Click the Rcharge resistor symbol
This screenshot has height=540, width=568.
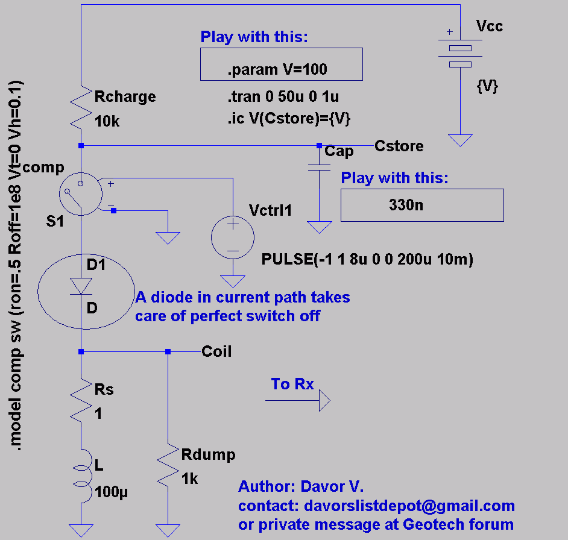(81, 107)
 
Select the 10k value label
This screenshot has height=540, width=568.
(107, 121)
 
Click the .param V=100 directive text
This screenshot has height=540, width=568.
(277, 69)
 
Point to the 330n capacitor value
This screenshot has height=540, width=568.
(406, 205)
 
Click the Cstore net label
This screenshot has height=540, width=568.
(399, 146)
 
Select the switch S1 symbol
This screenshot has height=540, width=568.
(81, 194)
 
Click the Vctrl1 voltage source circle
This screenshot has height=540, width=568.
(233, 237)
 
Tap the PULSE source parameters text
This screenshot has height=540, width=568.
(367, 259)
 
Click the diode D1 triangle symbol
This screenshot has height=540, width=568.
(81, 286)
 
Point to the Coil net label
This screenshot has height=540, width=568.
(216, 351)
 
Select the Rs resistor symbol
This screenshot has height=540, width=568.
(81, 400)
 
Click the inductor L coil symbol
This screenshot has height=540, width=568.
(83, 476)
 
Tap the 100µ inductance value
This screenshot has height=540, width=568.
(111, 492)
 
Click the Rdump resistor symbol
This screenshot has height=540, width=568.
(168, 465)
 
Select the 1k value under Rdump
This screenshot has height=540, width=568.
(189, 479)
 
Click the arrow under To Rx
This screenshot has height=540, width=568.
(298, 401)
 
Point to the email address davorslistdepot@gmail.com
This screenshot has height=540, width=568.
(409, 506)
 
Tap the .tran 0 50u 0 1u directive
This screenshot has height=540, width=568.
(283, 96)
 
